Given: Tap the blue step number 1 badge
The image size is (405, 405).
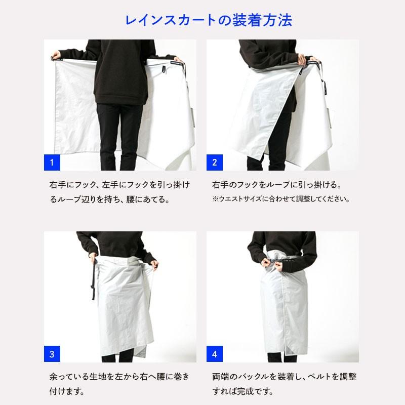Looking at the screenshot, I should coord(52,163).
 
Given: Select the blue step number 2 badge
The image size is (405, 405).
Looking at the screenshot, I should coord(215,163).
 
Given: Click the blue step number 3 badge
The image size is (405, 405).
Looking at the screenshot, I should coord(52,353).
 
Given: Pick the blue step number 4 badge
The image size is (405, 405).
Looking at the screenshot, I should coord(215,353).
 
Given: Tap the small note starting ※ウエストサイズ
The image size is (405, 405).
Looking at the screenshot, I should coord(281,199).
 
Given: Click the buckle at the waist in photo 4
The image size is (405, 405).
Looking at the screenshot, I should coord(274,262).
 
